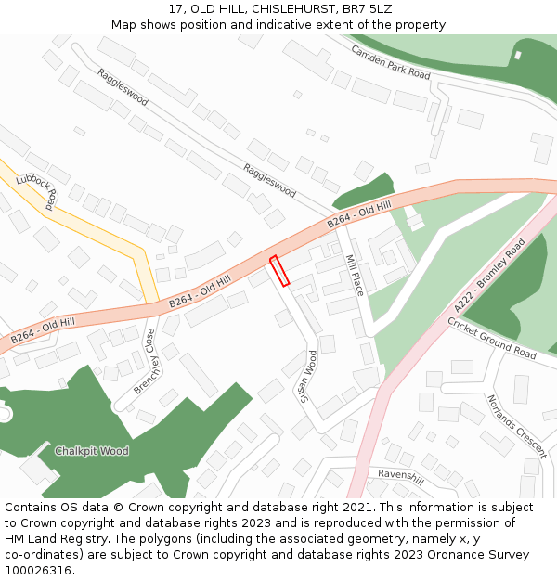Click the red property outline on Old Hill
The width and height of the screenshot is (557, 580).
pyautogui.click(x=279, y=270)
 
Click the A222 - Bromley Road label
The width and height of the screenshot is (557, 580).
pyautogui.click(x=489, y=276)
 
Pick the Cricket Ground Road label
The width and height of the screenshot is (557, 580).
pyautogui.click(x=492, y=339)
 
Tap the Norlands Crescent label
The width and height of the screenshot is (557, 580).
pyautogui.click(x=517, y=426)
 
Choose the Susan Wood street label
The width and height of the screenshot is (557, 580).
pyautogui.click(x=308, y=376)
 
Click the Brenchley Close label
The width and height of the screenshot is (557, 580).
pyautogui.click(x=143, y=361)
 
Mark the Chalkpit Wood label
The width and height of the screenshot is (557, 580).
pyautogui.click(x=91, y=451)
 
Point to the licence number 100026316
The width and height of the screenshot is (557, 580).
pyautogui.click(x=38, y=570)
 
